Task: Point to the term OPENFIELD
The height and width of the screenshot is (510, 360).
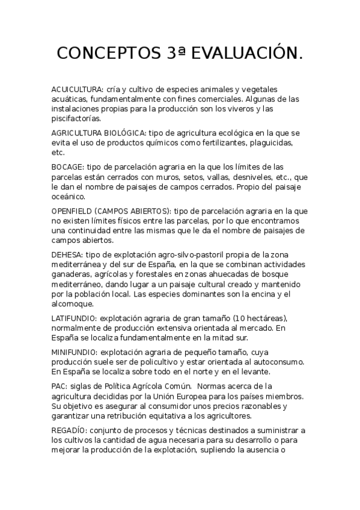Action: pyautogui.click(x=72, y=211)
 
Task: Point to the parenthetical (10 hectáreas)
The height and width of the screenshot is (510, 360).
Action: pyautogui.click(x=253, y=318)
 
